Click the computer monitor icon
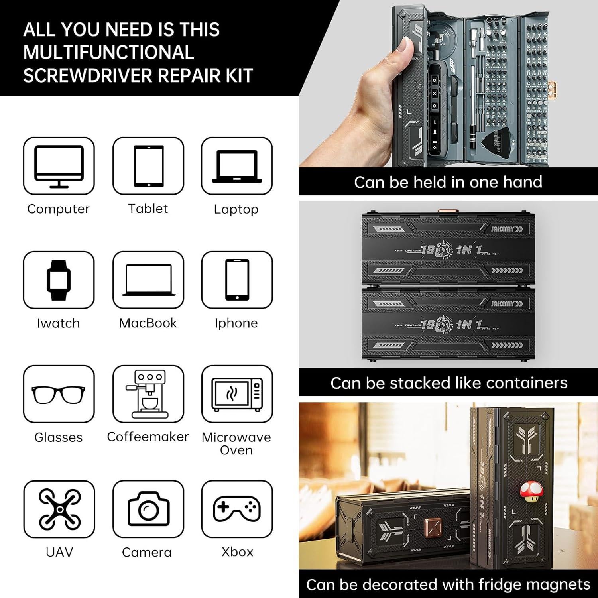[59, 166]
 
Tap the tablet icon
[148, 166]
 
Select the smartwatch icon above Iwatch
[59, 280]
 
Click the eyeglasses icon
[59, 395]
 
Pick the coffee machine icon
[148, 394]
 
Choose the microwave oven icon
[237, 394]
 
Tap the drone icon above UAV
[59, 509]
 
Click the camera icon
[148, 509]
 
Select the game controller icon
[237, 509]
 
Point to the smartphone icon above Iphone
[237, 280]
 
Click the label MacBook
[148, 323]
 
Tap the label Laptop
[236, 209]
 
